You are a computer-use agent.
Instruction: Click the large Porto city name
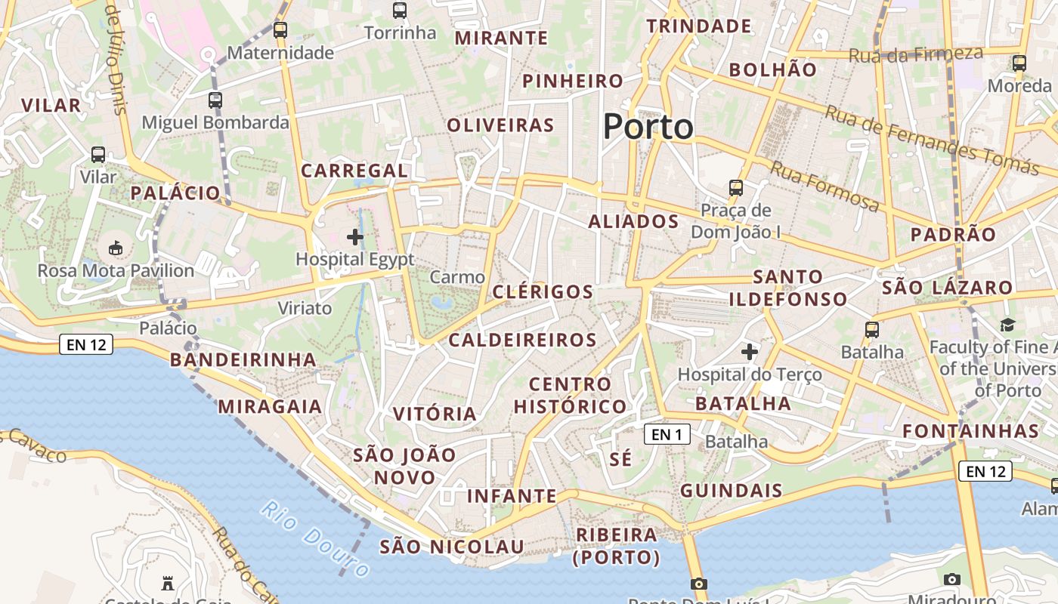[x=648, y=127]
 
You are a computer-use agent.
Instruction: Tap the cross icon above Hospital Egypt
[x=354, y=238]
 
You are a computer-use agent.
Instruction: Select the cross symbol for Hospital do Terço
[x=749, y=352]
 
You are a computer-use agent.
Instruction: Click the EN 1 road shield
[x=667, y=434]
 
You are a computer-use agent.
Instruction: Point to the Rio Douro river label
[x=316, y=538]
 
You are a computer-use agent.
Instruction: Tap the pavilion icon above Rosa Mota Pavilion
[x=116, y=248]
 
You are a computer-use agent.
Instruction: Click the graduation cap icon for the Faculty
[x=1007, y=325]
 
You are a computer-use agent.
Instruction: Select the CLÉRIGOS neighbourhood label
[x=543, y=292]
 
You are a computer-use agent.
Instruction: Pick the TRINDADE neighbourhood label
[x=699, y=26]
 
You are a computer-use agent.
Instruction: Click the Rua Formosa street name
[x=824, y=187]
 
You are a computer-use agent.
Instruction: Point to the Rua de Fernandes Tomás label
[x=931, y=140]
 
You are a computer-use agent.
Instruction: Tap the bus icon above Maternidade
[x=280, y=30]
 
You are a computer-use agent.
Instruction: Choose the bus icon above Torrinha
[x=400, y=11]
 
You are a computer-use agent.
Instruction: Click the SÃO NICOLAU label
[x=451, y=547]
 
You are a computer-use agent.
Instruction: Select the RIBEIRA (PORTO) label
[x=617, y=546]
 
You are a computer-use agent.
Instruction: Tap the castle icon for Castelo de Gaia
[x=168, y=583]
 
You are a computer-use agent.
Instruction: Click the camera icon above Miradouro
[x=952, y=579]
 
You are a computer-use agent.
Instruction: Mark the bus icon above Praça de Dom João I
[x=735, y=187]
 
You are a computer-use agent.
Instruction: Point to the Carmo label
[x=457, y=277]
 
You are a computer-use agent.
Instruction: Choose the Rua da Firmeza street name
[x=915, y=54]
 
